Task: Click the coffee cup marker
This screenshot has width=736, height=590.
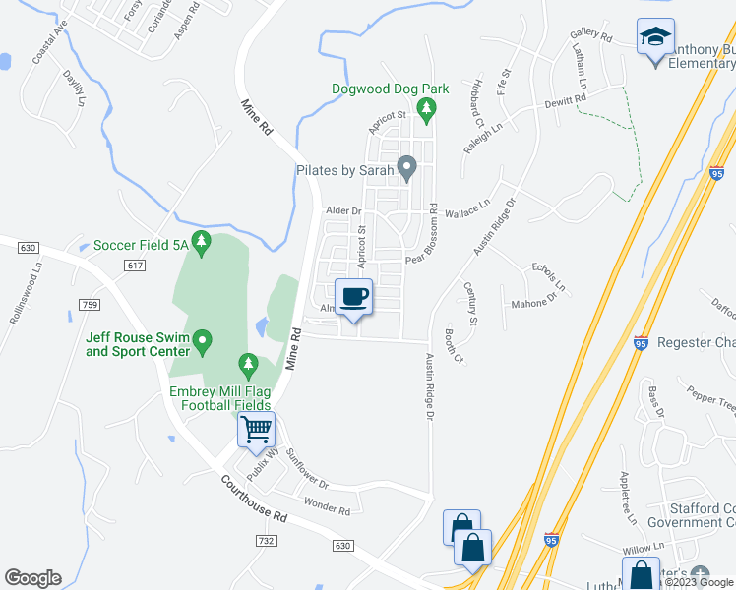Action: coord(353,296)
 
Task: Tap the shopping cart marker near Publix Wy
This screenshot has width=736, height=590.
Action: coord(256,429)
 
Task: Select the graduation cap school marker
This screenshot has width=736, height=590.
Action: coord(655,38)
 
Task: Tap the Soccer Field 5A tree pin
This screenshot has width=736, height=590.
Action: coord(202,242)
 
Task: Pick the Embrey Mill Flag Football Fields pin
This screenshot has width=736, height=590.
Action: coord(248,367)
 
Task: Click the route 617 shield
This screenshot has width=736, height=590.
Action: coord(136,265)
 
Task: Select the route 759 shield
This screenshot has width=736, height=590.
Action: coord(90,306)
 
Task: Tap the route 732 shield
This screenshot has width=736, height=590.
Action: coord(265,541)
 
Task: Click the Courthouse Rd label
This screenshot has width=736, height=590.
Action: coord(254,501)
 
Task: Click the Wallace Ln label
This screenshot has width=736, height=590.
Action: coord(467,209)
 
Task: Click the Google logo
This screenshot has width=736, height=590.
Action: coord(32,578)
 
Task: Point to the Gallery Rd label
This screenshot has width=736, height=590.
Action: coord(590,38)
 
